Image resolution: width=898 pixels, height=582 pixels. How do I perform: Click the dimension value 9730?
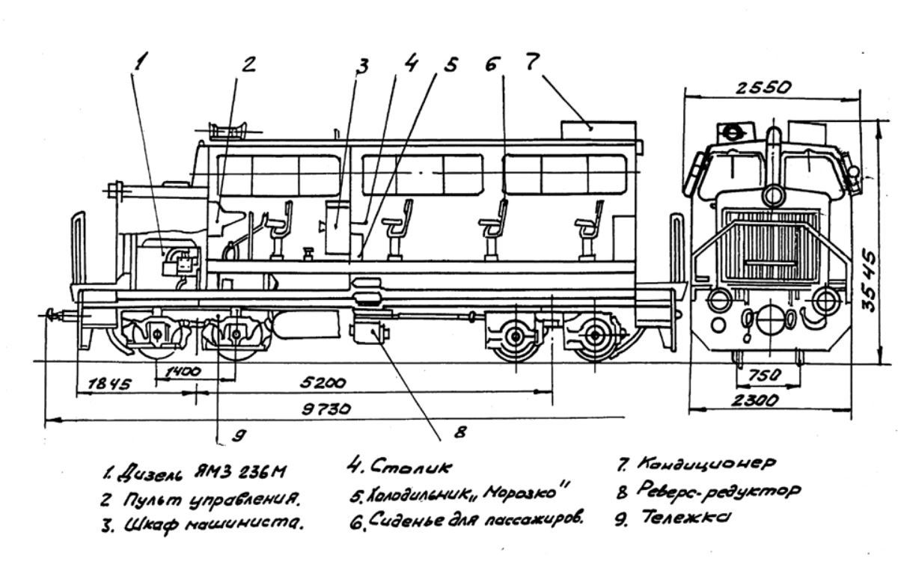[326, 409]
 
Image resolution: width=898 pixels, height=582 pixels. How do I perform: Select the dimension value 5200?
[323, 383]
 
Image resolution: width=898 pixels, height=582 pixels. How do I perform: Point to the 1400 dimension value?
[183, 372]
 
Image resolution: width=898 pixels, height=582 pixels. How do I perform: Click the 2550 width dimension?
[763, 88]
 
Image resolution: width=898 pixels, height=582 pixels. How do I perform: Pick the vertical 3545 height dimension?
[868, 281]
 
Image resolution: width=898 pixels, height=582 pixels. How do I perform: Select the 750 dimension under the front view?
[765, 376]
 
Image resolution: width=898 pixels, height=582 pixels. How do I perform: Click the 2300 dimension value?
[755, 400]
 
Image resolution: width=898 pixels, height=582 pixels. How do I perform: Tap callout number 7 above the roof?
[532, 62]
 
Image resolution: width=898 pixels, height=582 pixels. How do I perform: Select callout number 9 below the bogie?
[239, 435]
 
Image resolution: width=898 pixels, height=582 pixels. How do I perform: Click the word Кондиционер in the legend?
[706, 464]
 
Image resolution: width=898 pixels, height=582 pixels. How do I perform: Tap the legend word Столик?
[411, 466]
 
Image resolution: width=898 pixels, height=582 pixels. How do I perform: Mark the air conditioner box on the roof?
[598, 131]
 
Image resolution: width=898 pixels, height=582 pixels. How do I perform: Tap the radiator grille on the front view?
[772, 244]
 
